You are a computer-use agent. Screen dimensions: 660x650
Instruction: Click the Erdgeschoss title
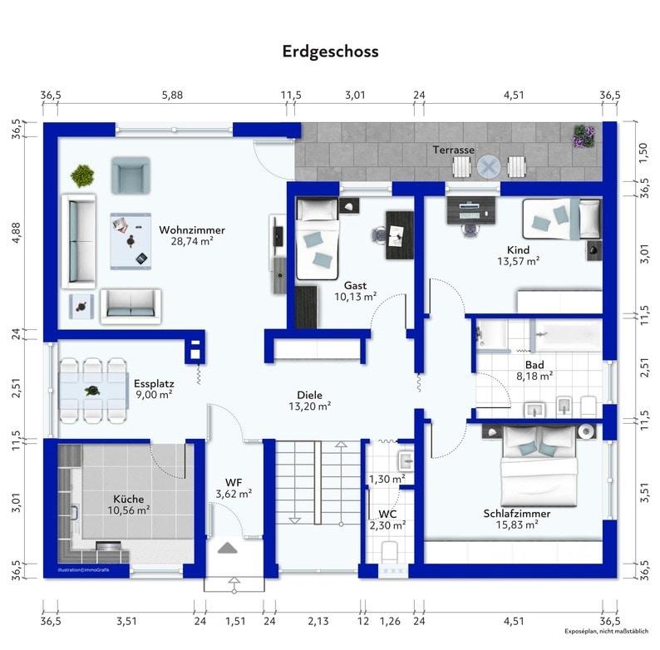[x=330, y=52]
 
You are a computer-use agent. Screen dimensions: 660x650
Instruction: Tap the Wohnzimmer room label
[x=192, y=230]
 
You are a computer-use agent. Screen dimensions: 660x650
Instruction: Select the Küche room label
[x=128, y=499]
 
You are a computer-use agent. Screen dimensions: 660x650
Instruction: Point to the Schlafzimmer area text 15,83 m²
[x=517, y=525]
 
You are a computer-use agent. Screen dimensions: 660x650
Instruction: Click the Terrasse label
[x=453, y=150]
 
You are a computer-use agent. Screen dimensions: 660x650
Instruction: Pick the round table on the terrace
[x=489, y=167]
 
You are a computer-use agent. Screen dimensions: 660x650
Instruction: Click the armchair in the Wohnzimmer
[x=131, y=175]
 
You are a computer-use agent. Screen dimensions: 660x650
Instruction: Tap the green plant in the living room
[x=82, y=175]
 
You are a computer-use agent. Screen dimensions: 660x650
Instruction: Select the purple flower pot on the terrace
[x=584, y=136]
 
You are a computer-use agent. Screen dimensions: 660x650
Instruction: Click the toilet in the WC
[x=389, y=552]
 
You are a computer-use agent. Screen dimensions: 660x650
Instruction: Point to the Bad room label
[x=534, y=365]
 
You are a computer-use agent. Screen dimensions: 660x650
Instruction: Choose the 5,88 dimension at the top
[x=173, y=95]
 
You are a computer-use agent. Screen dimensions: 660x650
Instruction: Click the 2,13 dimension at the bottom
[x=318, y=621]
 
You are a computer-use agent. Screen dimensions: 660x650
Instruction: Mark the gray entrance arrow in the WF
[x=227, y=548]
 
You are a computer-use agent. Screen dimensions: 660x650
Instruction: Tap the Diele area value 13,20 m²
[x=310, y=406]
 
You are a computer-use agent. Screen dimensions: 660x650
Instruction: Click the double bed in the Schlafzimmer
[x=539, y=466]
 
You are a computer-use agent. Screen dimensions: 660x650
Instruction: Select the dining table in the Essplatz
[x=93, y=391]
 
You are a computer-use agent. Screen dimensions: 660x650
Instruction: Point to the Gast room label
[x=355, y=285]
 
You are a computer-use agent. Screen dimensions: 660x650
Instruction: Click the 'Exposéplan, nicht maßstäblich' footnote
[x=607, y=632]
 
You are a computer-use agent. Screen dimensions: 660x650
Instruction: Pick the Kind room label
[x=518, y=250]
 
